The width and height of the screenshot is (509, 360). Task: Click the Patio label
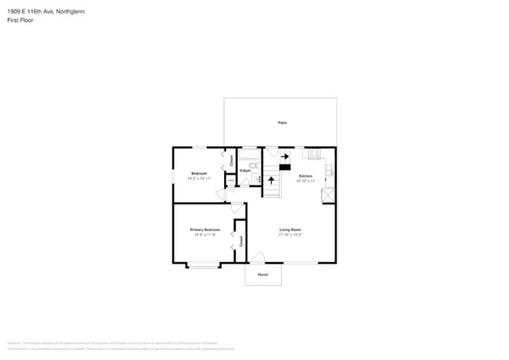282,123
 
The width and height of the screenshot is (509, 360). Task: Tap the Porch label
263,275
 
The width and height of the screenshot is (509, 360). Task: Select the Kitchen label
305,176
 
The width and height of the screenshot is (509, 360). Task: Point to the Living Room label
291,229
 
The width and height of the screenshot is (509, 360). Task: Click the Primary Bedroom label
204,229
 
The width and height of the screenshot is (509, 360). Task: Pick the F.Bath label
245,171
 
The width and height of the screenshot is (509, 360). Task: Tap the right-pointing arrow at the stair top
285,157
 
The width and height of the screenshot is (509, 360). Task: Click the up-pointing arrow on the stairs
272,181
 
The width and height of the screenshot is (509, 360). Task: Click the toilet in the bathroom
253,166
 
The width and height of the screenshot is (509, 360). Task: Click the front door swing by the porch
258,258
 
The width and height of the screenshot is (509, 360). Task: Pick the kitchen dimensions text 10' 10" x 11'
305,181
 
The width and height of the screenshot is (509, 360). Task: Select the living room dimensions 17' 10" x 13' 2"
291,235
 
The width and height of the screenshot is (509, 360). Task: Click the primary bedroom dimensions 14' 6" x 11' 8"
204,235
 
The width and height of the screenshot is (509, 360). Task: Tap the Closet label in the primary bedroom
241,241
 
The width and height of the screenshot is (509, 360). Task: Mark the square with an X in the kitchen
329,193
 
